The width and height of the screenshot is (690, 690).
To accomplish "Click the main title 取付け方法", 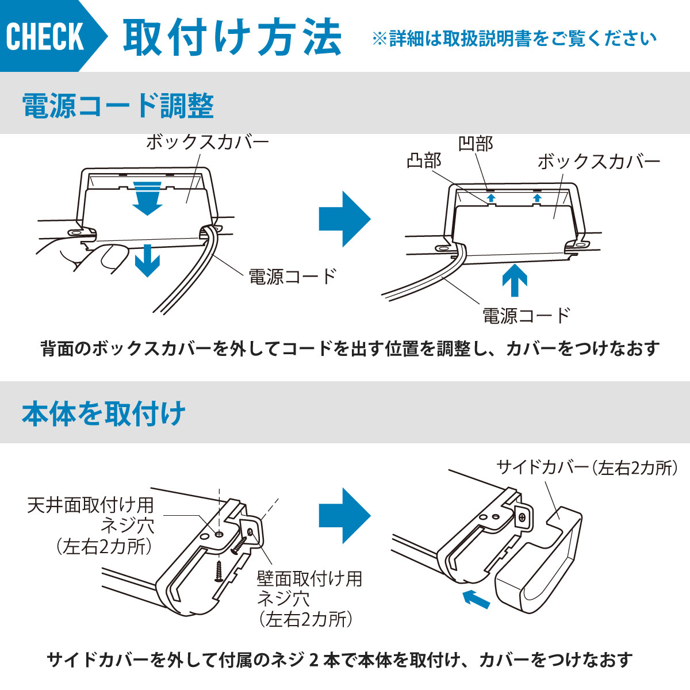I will click(x=232, y=37).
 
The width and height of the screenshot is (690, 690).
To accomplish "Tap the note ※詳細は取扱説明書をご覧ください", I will click(x=514, y=39).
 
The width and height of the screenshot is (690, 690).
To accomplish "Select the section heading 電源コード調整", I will click(x=118, y=106).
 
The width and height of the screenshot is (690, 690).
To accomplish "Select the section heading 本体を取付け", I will click(x=103, y=413).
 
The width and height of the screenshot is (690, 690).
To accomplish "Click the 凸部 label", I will click(x=424, y=160).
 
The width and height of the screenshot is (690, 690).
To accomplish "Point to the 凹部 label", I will click(x=476, y=144).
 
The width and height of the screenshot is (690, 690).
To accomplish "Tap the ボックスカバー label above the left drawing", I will click(x=208, y=141).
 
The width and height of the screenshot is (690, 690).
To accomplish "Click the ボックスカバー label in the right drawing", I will click(x=599, y=162).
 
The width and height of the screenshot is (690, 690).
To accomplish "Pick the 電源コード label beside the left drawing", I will click(x=292, y=277).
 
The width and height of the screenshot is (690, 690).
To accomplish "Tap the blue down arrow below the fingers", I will click(x=148, y=260).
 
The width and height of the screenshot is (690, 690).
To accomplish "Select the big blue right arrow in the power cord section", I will click(x=344, y=219).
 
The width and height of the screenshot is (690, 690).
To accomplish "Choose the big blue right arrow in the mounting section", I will click(x=344, y=516).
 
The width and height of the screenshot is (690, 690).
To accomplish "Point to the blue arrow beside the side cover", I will click(x=477, y=598).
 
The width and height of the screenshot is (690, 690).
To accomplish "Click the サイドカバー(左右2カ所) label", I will click(x=586, y=468).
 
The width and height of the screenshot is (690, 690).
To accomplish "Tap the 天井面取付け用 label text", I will click(x=91, y=505).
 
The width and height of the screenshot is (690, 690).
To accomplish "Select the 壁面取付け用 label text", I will click(x=309, y=578).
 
